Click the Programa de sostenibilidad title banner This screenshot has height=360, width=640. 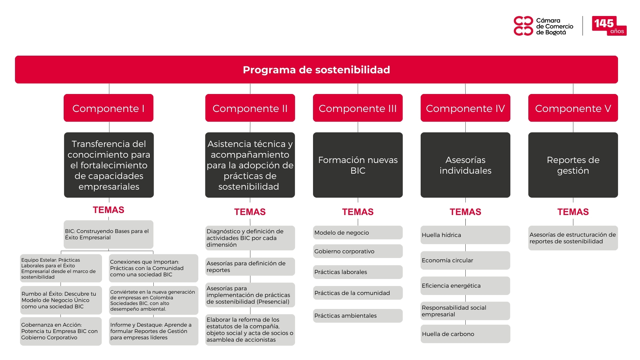pyautogui.click(x=316, y=69)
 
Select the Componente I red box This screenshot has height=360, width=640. pyautogui.click(x=108, y=108)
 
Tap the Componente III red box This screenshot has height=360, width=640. pyautogui.click(x=358, y=108)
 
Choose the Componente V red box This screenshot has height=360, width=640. pyautogui.click(x=573, y=108)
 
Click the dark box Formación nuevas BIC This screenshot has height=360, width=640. pyautogui.click(x=358, y=165)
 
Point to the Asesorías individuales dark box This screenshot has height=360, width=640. pyautogui.click(x=465, y=165)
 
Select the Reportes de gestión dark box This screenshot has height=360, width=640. pyautogui.click(x=573, y=165)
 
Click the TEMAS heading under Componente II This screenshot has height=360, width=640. pyautogui.click(x=250, y=212)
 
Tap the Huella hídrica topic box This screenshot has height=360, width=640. pyautogui.click(x=465, y=235)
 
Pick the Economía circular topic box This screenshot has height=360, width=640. pyautogui.click(x=465, y=260)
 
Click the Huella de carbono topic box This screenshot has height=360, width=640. pyautogui.click(x=465, y=334)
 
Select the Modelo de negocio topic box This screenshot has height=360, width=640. pyautogui.click(x=358, y=233)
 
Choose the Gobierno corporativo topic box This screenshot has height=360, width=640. pyautogui.click(x=358, y=251)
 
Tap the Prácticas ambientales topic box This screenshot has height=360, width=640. pyautogui.click(x=358, y=316)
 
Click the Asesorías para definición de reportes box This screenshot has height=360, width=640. pyautogui.click(x=250, y=267)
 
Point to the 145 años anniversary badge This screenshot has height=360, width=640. pyautogui.click(x=609, y=26)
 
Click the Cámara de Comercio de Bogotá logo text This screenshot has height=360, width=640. pyautogui.click(x=555, y=26)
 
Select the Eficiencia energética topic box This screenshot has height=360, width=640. pyautogui.click(x=465, y=286)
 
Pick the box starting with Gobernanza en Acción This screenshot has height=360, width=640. pyautogui.click(x=61, y=331)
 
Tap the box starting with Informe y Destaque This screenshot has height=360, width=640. pyautogui.click(x=153, y=331)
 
